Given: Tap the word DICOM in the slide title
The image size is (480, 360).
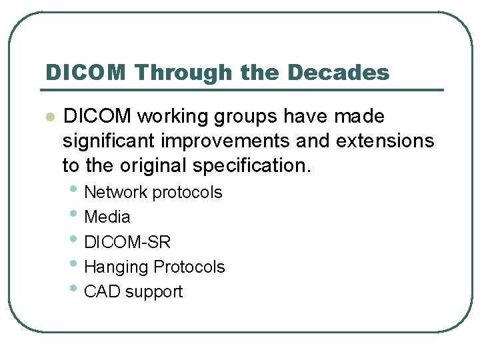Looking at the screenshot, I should pos(85,72).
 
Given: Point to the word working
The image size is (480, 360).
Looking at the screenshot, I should pos(175,117).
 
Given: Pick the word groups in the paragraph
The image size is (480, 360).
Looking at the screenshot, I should pos(248,117).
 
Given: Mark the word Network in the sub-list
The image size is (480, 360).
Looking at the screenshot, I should pos(116,193).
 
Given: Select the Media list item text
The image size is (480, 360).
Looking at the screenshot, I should pos(107,217).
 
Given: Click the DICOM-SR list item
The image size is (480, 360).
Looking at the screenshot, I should pos(127,242).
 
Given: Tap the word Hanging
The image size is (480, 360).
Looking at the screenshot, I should pos(117,267).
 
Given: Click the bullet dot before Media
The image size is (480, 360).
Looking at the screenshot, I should pos(76,215).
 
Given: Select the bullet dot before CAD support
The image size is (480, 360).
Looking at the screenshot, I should pos(76,290).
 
